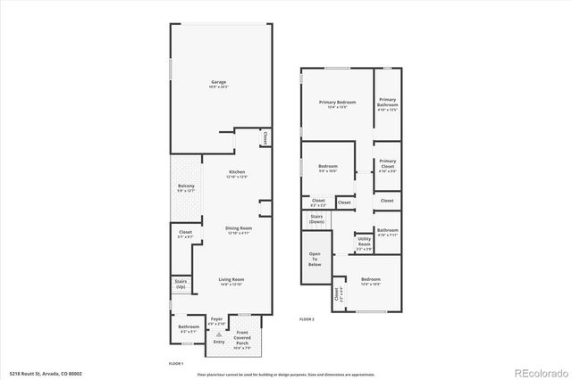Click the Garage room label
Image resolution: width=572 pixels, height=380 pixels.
pyautogui.click(x=219, y=85)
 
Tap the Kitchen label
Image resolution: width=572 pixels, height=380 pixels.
pyautogui.click(x=237, y=174)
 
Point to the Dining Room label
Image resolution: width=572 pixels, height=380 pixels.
pyautogui.click(x=238, y=230)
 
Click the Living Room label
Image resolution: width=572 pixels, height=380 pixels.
pyautogui.click(x=231, y=282)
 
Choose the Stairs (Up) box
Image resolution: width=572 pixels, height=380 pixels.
pyautogui.click(x=181, y=285)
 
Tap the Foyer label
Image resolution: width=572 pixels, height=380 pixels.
pyautogui.click(x=216, y=320)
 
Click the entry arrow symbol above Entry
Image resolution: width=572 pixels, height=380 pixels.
pyautogui.click(x=219, y=334)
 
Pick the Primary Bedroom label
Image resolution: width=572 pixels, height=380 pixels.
pyautogui.click(x=338, y=104)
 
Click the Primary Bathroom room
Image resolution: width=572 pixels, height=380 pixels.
pyautogui.click(x=387, y=104)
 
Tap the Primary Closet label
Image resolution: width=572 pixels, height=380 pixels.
pyautogui.click(x=387, y=165)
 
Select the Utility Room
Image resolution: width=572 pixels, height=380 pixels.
pyautogui.click(x=365, y=242)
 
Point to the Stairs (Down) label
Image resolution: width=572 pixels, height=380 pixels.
pyautogui.click(x=316, y=219)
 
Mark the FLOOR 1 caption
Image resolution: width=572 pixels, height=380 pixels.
pyautogui.click(x=176, y=364)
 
